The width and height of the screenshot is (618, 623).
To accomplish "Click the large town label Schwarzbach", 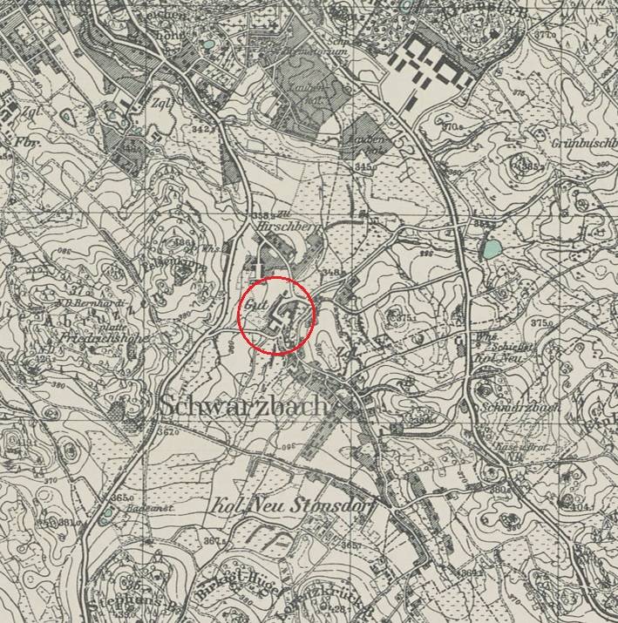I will pos(244,407).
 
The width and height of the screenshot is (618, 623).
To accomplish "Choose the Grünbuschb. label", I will pos(582,139).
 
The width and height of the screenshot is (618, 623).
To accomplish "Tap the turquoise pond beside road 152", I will pos(492,250).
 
